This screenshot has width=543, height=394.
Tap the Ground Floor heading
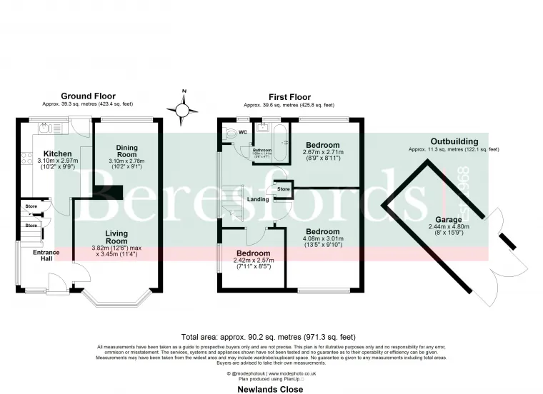(x=88, y=96)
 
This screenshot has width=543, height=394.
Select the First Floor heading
(x=289, y=97)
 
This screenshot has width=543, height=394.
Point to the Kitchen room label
(x=57, y=154)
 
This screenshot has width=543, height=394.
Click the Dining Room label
(x=126, y=151)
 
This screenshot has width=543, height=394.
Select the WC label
(x=244, y=132)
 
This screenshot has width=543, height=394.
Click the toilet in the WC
(x=230, y=133)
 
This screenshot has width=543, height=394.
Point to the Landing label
(x=258, y=200)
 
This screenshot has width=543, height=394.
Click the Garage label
(x=447, y=221)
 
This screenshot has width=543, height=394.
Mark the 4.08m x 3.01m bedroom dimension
(x=323, y=239)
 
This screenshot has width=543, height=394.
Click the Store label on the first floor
(x=283, y=189)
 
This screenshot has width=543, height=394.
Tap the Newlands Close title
(x=271, y=389)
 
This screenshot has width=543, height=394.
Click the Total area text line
(x=271, y=336)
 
